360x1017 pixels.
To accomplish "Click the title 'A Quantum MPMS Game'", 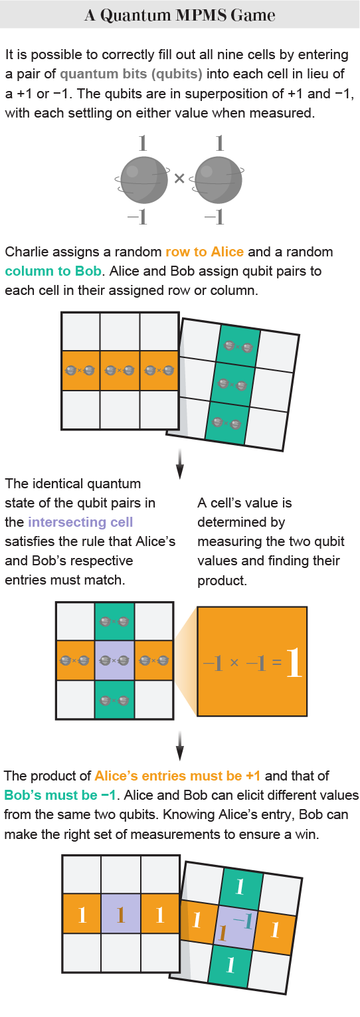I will click(179, 15).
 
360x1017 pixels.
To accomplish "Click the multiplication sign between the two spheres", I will click(179, 179).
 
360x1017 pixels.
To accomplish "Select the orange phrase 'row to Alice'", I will click(205, 252).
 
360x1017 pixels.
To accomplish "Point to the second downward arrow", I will click(179, 750).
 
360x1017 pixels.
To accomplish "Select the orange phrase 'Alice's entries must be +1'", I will click(178, 776).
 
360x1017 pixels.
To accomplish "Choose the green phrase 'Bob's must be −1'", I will click(53, 795).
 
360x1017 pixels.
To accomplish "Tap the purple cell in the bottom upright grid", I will click(121, 915).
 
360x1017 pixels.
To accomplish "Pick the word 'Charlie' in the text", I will click(25, 252).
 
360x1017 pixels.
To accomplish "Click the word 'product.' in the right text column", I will click(223, 581).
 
